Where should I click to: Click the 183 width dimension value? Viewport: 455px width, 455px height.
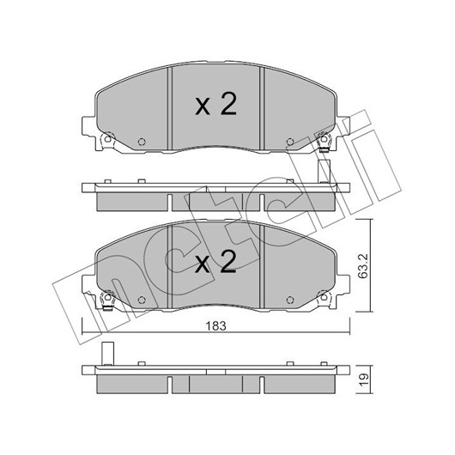tap(215, 326)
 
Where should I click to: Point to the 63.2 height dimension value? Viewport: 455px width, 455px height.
tap(363, 266)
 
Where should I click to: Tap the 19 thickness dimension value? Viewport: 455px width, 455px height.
tap(364, 379)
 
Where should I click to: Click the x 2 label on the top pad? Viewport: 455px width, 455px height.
tap(215, 104)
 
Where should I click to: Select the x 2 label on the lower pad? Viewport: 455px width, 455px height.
tap(215, 262)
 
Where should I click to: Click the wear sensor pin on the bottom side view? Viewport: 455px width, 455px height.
tap(108, 354)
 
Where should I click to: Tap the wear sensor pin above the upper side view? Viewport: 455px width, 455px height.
tap(324, 171)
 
